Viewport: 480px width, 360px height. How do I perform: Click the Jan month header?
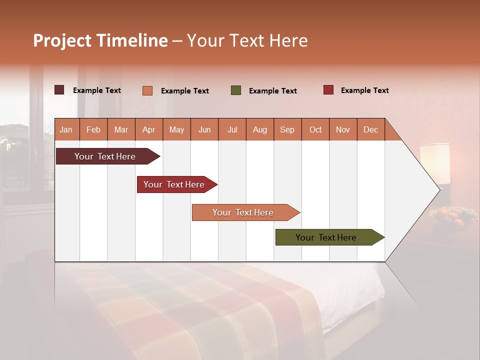tap(66, 129)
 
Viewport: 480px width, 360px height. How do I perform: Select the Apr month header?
tap(149, 129)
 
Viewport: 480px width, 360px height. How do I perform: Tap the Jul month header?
tap(232, 129)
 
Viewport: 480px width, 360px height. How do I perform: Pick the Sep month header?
tap(287, 129)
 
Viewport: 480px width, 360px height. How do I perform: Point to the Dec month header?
tap(370, 129)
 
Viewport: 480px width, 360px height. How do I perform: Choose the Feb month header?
tap(93, 129)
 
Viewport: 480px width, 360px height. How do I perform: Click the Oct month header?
tap(315, 129)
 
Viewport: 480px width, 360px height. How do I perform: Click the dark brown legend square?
tap(59, 90)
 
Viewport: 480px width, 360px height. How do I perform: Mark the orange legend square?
tap(147, 90)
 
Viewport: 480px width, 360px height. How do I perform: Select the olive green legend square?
tap(236, 90)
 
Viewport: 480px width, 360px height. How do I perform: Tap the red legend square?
tap(328, 90)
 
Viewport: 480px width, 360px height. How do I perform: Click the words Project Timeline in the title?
tap(100, 40)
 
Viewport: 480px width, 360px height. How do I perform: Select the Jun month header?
tap(204, 129)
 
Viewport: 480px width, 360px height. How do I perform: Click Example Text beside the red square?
tap(364, 90)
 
